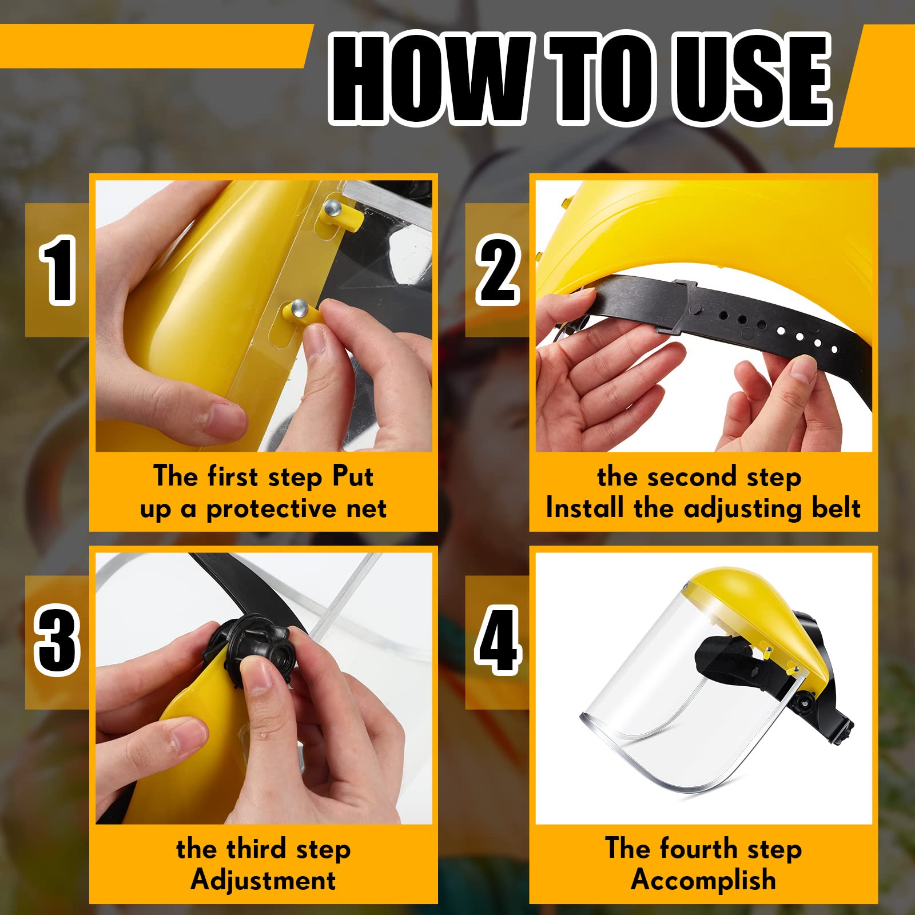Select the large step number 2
point(498,270)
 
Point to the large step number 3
point(57,642)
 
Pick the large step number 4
point(498,642)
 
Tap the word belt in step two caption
point(836,508)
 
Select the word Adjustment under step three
point(264,880)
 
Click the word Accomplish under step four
point(703,880)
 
